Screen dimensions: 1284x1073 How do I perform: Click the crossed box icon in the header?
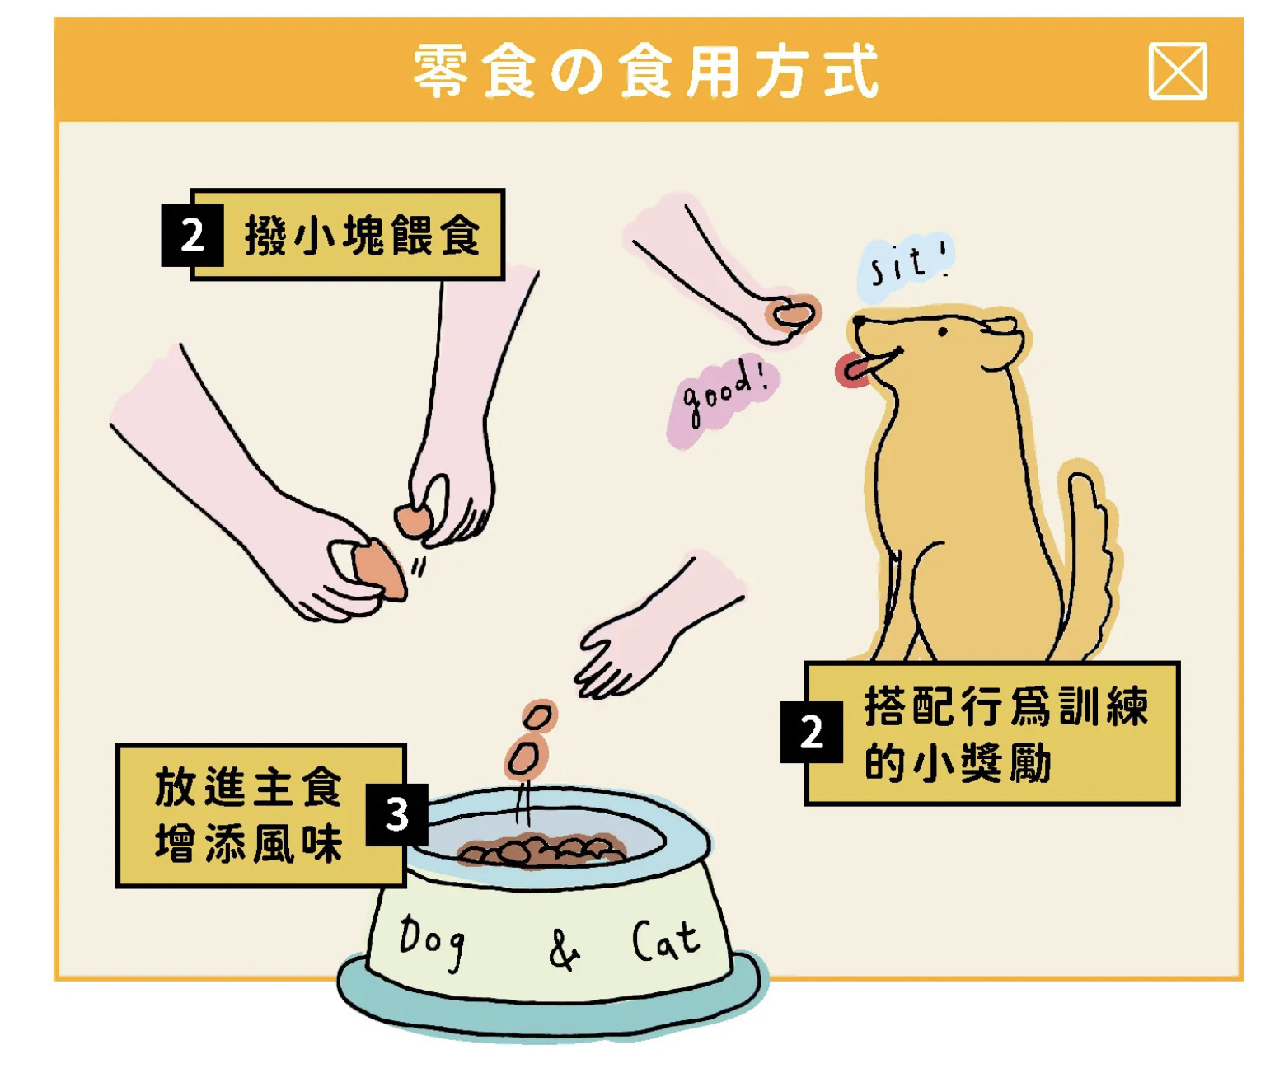click(x=1177, y=71)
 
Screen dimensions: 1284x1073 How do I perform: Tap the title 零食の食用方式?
click(x=645, y=72)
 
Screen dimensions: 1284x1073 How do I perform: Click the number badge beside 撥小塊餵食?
click(x=192, y=236)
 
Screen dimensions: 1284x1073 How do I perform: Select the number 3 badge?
click(x=396, y=814)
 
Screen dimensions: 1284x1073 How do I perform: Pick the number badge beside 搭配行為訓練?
click(x=811, y=732)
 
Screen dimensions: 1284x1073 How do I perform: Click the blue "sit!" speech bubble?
click(x=905, y=266)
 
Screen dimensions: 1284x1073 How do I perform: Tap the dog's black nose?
click(x=859, y=321)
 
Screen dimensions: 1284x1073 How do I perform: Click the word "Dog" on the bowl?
click(x=431, y=941)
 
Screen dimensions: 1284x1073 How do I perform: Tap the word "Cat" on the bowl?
click(x=665, y=940)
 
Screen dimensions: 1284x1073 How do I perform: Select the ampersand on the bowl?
click(x=563, y=950)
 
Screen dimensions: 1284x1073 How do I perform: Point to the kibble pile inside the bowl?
click(x=541, y=850)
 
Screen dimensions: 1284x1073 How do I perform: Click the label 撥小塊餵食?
click(x=362, y=235)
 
